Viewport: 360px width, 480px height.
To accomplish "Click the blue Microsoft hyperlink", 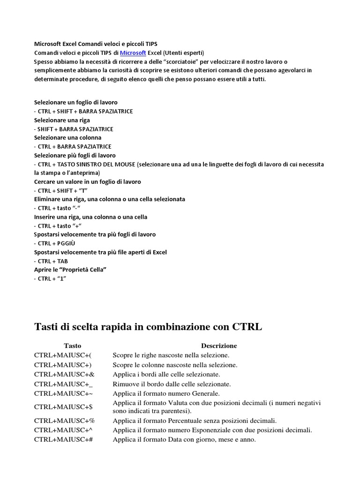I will (x=133, y=52).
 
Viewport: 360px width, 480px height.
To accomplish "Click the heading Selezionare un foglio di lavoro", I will (x=75, y=102).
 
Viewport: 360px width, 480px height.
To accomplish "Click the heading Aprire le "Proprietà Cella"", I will (x=71, y=270).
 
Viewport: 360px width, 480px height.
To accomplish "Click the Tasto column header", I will (x=73, y=345).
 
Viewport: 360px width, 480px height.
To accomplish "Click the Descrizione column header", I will (x=219, y=345).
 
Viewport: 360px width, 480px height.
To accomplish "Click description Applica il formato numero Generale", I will (x=166, y=393).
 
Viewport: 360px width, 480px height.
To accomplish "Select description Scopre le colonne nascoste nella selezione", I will (x=175, y=365).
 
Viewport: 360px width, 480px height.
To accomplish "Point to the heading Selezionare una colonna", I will (x=67, y=137).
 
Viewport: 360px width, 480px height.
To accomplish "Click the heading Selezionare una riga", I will (x=62, y=120).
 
